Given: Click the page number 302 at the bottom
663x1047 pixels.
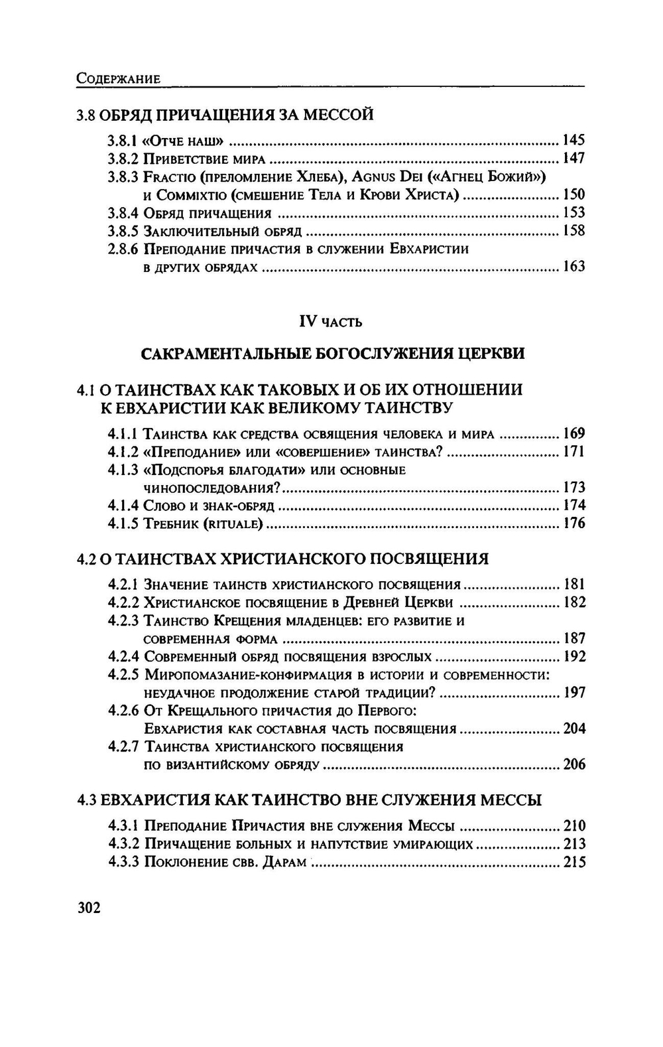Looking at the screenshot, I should (90, 907).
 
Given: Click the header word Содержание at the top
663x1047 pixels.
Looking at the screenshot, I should (119, 78).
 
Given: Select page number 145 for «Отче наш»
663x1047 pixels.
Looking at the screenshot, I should (573, 140).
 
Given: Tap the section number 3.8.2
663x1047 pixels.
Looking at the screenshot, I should (123, 159).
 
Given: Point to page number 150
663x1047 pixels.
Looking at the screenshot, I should (573, 194).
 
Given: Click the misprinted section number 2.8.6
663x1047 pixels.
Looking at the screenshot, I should (123, 249).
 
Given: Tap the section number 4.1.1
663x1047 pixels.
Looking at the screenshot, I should (123, 434).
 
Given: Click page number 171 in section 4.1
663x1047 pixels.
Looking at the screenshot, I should (573, 452).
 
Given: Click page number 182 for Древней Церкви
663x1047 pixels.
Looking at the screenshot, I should (573, 602).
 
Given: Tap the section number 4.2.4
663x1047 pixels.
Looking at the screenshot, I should (123, 657).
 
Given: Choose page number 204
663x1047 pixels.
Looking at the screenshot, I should (573, 729).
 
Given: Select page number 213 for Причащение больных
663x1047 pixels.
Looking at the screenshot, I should (573, 844).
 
